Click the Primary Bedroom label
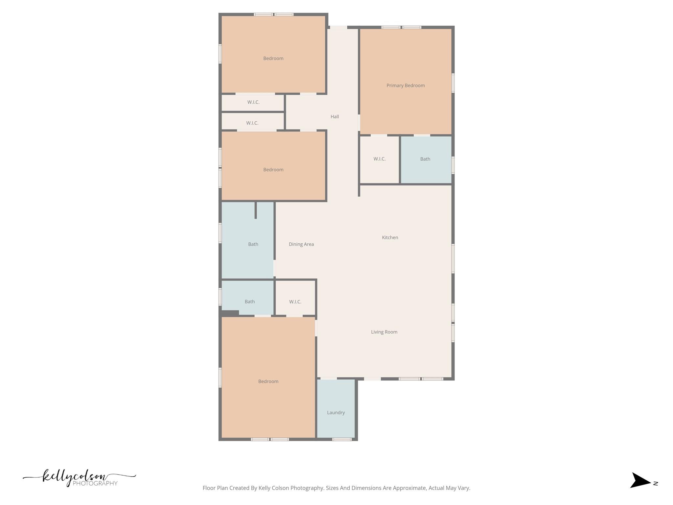(x=406, y=85)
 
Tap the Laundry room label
(x=336, y=413)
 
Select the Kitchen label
(x=390, y=237)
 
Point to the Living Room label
(x=384, y=332)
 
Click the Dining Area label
(x=301, y=244)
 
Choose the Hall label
(x=335, y=117)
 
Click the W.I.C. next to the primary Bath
(x=379, y=159)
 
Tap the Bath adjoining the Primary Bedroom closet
(x=425, y=159)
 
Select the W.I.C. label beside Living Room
(x=295, y=302)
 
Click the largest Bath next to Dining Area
(x=253, y=244)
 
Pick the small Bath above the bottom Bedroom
(x=249, y=302)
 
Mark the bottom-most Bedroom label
(x=268, y=381)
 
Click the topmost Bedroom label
(x=273, y=59)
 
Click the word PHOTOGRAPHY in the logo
(x=95, y=483)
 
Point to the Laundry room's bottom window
(x=342, y=439)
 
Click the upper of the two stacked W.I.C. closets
(x=253, y=102)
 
